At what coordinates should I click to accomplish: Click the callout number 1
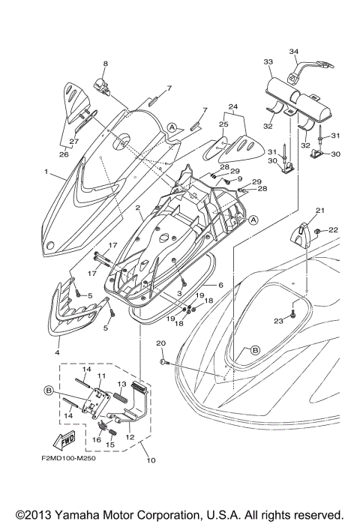click(46, 172)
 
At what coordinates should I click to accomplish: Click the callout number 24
click(232, 106)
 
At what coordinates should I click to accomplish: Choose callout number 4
click(58, 349)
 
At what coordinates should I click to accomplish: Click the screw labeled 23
click(293, 310)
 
